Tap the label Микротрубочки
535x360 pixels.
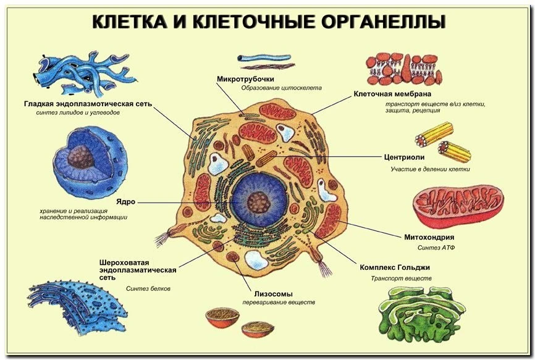coord(245,78)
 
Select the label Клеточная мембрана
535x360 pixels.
coord(392,94)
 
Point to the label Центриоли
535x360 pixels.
coord(404,157)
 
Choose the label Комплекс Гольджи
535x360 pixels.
coord(395,268)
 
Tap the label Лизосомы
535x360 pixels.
coord(273,294)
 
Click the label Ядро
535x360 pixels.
coord(125,202)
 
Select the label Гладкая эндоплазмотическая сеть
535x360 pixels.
coord(88,104)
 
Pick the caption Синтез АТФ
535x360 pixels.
coord(437,248)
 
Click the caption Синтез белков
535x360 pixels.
coord(148,288)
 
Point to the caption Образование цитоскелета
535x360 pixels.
coord(281,88)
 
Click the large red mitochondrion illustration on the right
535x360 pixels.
coord(458,204)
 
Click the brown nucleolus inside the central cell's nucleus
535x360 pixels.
coord(258,201)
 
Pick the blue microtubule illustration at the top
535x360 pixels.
coord(266,61)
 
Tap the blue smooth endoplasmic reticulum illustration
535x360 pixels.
coord(80,72)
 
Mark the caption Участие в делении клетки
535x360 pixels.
coord(430,169)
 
